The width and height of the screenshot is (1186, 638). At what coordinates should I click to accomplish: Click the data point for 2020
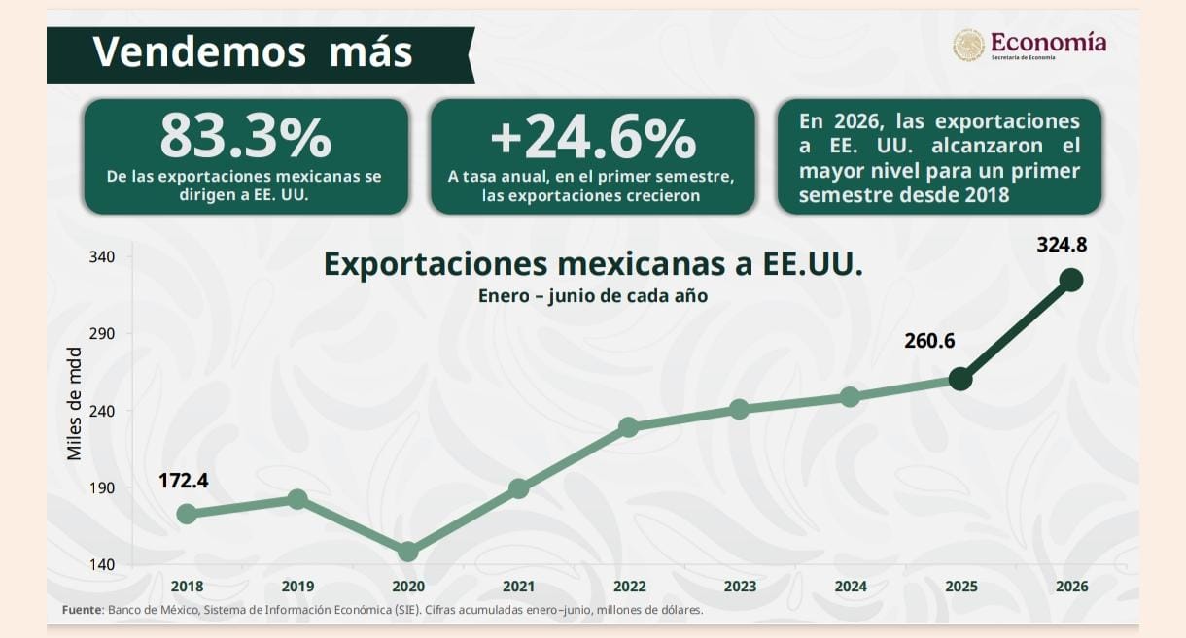407,552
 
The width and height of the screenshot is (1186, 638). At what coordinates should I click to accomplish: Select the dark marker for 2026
1071,280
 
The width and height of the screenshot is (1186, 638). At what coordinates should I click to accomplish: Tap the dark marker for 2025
960,380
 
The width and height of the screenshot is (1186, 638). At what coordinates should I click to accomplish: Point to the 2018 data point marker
187,514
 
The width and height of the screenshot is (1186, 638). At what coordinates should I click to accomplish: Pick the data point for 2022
628,427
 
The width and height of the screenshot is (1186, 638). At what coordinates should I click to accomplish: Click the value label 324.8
1062,245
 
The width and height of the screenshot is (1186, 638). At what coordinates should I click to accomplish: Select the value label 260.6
929,341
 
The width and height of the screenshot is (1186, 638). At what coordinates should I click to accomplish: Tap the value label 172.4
183,481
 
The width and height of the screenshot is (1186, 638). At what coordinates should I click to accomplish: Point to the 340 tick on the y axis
102,257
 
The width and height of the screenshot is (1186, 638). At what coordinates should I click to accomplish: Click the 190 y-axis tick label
102,487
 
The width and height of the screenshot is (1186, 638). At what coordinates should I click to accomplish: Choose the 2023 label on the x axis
740,587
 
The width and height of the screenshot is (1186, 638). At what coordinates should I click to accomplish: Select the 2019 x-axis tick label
297,587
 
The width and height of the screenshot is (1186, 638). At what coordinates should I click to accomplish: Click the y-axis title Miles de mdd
75,404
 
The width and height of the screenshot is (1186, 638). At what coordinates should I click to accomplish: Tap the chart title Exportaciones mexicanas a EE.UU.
593,264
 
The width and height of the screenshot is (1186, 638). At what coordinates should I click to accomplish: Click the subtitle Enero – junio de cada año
593,296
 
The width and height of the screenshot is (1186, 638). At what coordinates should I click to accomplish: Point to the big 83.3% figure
246,137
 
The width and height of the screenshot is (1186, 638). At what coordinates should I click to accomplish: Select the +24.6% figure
593,138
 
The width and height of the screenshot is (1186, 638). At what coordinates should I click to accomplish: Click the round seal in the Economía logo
968,45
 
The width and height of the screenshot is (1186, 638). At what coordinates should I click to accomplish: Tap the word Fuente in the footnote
82,610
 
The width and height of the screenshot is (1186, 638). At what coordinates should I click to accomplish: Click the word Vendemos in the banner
199,51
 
